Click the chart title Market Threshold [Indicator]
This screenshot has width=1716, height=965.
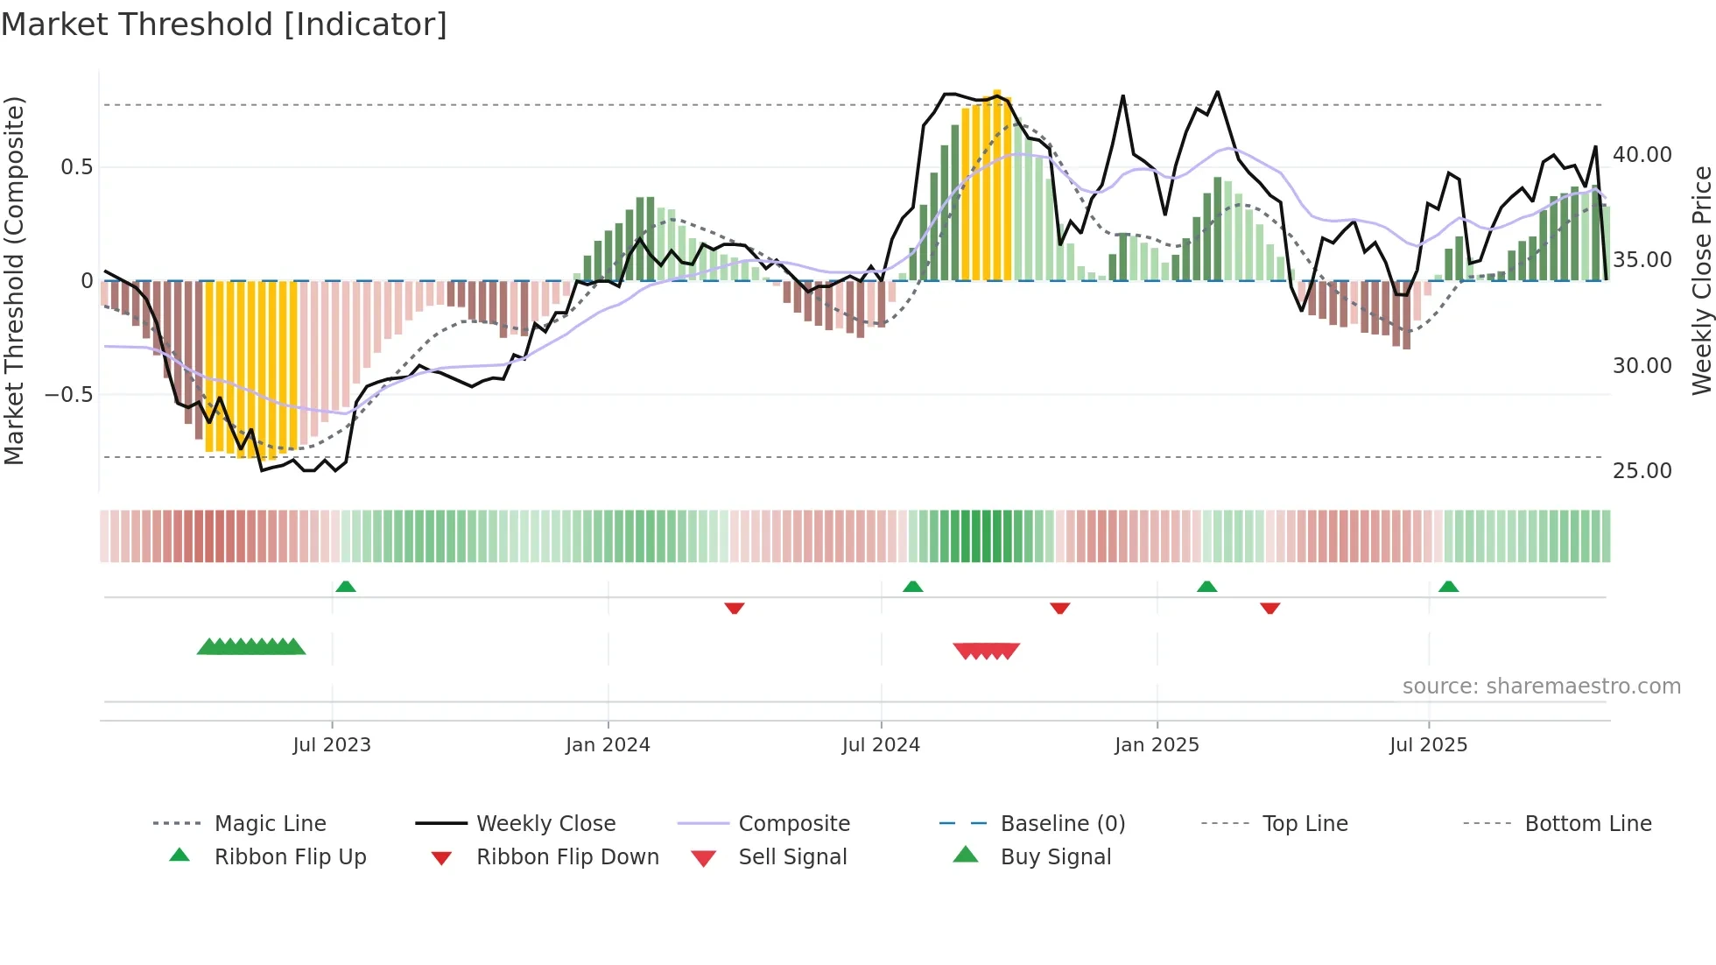pyautogui.click(x=224, y=25)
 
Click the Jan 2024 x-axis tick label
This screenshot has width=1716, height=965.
pyautogui.click(x=608, y=745)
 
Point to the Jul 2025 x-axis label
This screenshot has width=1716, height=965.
pyautogui.click(x=1428, y=745)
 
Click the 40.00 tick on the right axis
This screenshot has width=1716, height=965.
pyautogui.click(x=1642, y=155)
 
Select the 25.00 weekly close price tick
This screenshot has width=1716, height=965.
pyautogui.click(x=1642, y=471)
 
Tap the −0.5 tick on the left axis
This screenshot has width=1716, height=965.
pyautogui.click(x=69, y=395)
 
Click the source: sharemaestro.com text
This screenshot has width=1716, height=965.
pyautogui.click(x=1541, y=687)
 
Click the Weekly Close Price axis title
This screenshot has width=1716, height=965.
pyautogui.click(x=1701, y=280)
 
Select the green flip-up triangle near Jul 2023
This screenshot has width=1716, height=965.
pyautogui.click(x=346, y=587)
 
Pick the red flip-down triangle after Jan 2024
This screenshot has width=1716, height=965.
pyautogui.click(x=735, y=608)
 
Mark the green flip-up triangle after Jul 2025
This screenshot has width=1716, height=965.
pyautogui.click(x=1448, y=587)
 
